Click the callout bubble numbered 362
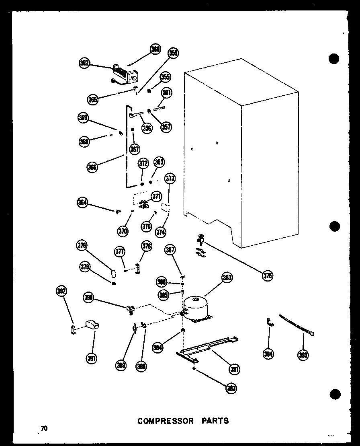84,63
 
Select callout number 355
165,76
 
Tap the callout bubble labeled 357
165,127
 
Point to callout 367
134,149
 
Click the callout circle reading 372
143,163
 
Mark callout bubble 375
267,275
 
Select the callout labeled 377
119,252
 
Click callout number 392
61,291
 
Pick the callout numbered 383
231,388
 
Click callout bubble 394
268,354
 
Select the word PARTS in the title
215,421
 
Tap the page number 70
43,429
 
